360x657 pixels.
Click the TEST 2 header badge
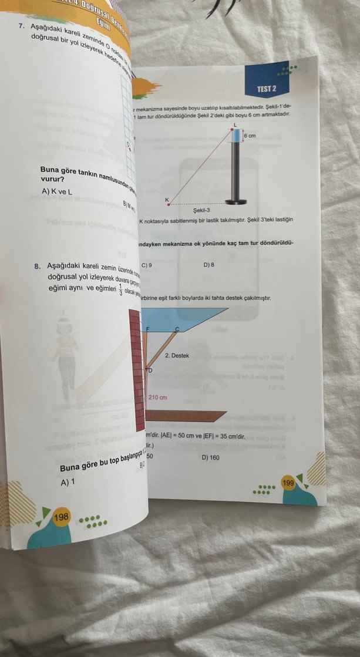266,88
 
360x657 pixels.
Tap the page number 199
288,483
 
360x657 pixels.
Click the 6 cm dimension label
251,136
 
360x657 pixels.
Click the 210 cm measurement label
157,397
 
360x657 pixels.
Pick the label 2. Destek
177,356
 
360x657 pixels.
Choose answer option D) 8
208,265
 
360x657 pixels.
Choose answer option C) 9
147,265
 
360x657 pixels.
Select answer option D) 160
210,457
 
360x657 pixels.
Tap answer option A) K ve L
57,191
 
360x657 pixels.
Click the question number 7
21,27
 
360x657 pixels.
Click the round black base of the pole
236,202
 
